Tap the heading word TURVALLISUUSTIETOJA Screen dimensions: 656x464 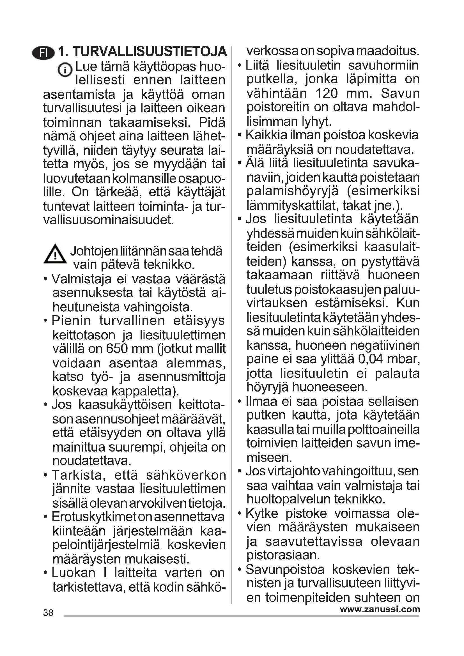pos(150,52)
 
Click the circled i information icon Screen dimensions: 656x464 pos(65,70)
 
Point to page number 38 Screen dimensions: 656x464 pos(48,613)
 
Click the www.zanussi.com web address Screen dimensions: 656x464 pos(380,609)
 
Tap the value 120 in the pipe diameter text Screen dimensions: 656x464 pos(327,93)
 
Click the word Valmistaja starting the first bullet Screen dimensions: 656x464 pos(81,279)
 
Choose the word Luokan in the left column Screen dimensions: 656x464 pos(73,573)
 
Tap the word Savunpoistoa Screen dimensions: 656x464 pos(285,569)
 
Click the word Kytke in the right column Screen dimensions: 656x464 pos(262,514)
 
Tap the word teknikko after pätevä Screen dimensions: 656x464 pos(169,264)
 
